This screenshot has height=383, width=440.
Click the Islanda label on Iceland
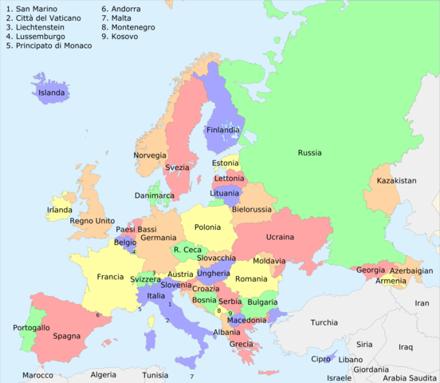[52, 93]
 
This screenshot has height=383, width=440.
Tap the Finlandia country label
[223, 130]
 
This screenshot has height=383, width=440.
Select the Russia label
[310, 152]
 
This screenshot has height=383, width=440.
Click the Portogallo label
[32, 328]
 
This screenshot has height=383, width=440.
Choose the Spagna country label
[67, 336]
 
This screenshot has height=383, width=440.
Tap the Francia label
[110, 277]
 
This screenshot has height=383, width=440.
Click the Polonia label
[207, 227]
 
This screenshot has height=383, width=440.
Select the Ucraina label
[280, 237]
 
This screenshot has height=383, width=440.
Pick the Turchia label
[324, 323]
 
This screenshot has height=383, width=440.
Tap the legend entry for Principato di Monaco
[49, 45]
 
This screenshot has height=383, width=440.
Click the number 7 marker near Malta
[191, 377]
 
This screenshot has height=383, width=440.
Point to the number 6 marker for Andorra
[97, 315]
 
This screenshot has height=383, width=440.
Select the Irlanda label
[59, 210]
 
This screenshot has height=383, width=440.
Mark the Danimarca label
[154, 195]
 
